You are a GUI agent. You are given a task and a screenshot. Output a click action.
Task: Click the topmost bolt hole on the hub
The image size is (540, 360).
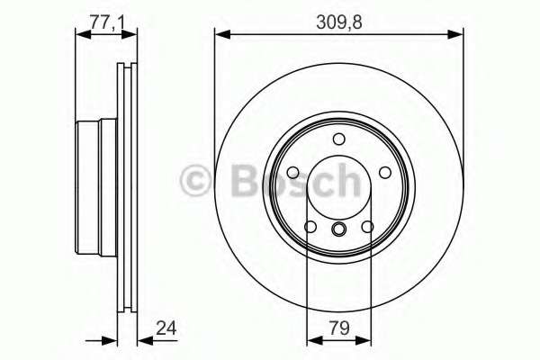[338, 139]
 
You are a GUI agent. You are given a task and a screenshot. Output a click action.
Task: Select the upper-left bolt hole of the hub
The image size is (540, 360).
[293, 172]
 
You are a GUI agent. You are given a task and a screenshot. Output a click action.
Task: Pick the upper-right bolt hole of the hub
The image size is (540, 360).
[384, 172]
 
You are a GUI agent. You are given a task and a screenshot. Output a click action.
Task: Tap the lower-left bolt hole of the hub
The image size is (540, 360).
[310, 226]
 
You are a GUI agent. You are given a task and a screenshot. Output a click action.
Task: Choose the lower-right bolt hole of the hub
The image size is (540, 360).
[367, 226]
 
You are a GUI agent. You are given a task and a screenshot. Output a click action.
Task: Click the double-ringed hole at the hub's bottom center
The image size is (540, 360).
[338, 230]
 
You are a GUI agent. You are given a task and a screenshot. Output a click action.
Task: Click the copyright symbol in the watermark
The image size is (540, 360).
[196, 182]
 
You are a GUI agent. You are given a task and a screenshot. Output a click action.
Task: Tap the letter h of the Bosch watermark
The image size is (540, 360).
[346, 182]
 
